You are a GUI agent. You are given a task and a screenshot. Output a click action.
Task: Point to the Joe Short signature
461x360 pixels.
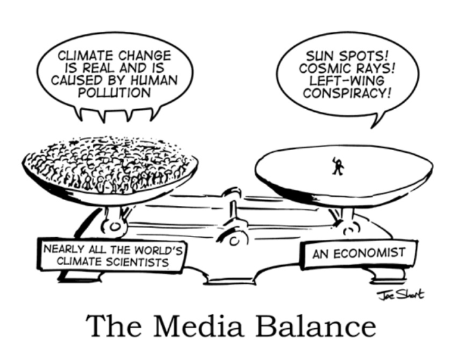[x=397, y=294]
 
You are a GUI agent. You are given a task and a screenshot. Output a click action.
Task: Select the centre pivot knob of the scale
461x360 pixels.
[x=230, y=194]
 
